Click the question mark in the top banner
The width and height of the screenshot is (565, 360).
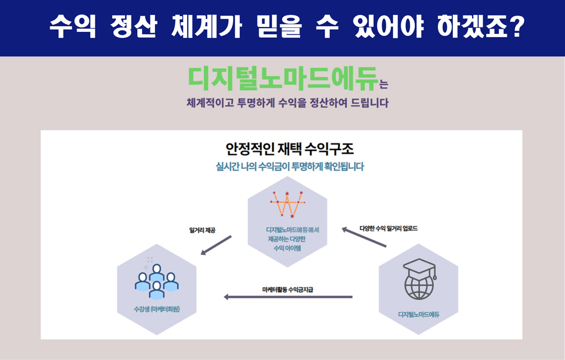517,28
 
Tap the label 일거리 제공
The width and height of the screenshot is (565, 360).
202,231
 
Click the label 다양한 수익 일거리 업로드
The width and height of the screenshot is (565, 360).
388,229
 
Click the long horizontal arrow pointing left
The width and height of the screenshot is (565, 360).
288,297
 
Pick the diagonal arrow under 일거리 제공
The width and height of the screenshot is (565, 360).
216,245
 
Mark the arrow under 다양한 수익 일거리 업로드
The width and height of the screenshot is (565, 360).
364,237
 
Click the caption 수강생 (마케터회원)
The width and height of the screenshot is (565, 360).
157,309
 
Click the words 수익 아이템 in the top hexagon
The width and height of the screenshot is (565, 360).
287,248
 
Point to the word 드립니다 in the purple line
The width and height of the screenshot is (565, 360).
370,103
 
